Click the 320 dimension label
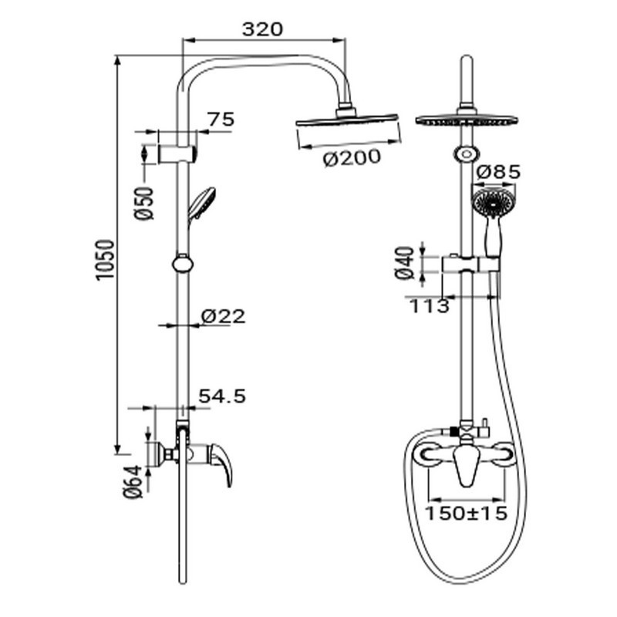click(x=262, y=29)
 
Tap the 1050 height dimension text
click(x=105, y=260)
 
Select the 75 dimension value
click(x=221, y=119)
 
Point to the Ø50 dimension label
click(x=143, y=204)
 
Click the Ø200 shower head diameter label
click(x=352, y=158)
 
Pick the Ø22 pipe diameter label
click(x=223, y=316)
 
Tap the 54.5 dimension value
click(x=222, y=396)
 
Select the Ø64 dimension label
click(x=133, y=482)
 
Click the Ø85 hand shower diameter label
click(x=498, y=171)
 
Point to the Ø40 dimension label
click(x=404, y=263)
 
